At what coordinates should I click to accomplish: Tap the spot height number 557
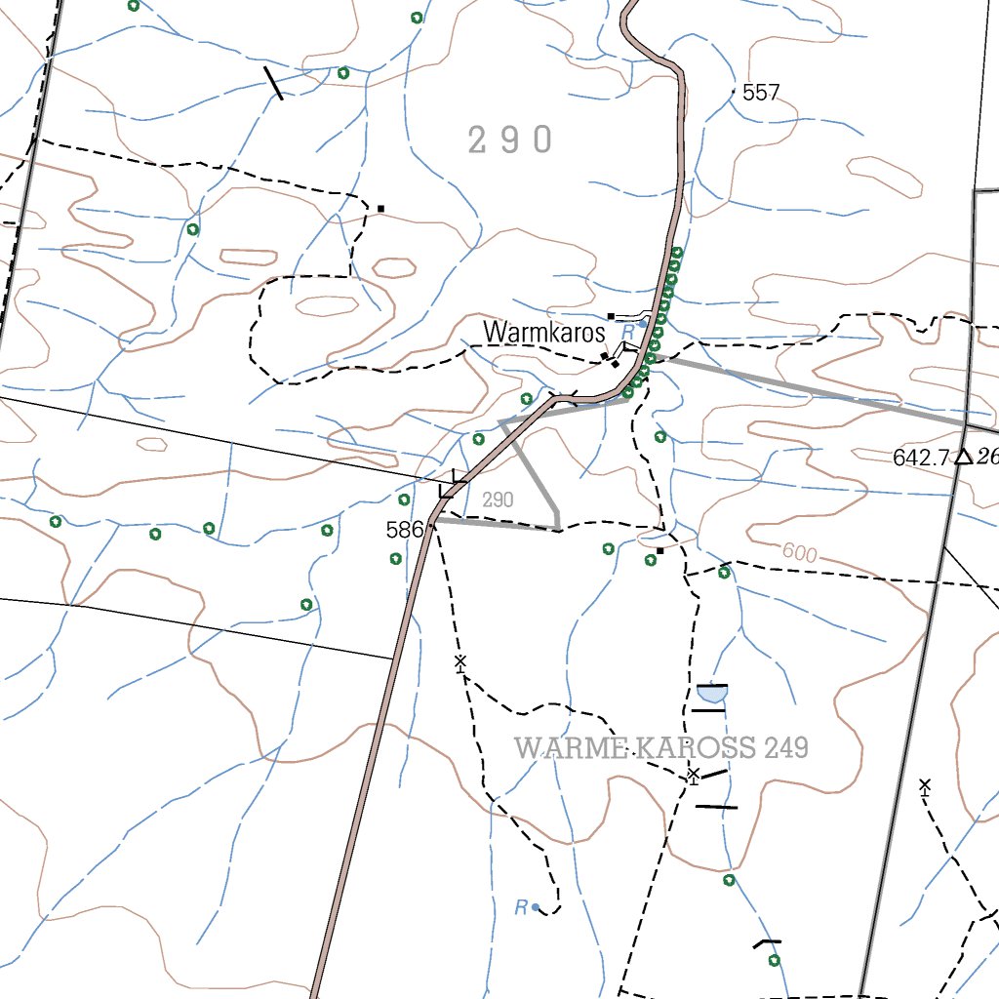click(x=761, y=93)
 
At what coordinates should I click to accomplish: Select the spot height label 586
click(x=404, y=530)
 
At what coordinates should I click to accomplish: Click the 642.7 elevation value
click(x=921, y=457)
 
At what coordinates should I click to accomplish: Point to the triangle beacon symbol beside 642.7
click(x=963, y=456)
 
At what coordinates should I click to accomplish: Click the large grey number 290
click(x=510, y=140)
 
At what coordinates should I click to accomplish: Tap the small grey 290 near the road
click(x=498, y=500)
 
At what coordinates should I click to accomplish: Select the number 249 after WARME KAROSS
click(x=787, y=748)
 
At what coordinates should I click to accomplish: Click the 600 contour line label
click(x=799, y=553)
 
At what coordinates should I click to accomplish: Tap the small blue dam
click(x=712, y=694)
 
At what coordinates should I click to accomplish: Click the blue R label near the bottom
click(x=521, y=908)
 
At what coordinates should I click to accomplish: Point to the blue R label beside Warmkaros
click(x=627, y=333)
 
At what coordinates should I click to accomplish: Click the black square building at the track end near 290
click(x=380, y=208)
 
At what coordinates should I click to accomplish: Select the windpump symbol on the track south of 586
click(x=460, y=662)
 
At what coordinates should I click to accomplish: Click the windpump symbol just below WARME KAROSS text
click(x=693, y=776)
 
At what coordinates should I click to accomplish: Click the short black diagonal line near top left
click(x=274, y=83)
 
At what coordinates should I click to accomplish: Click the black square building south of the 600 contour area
click(x=660, y=550)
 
